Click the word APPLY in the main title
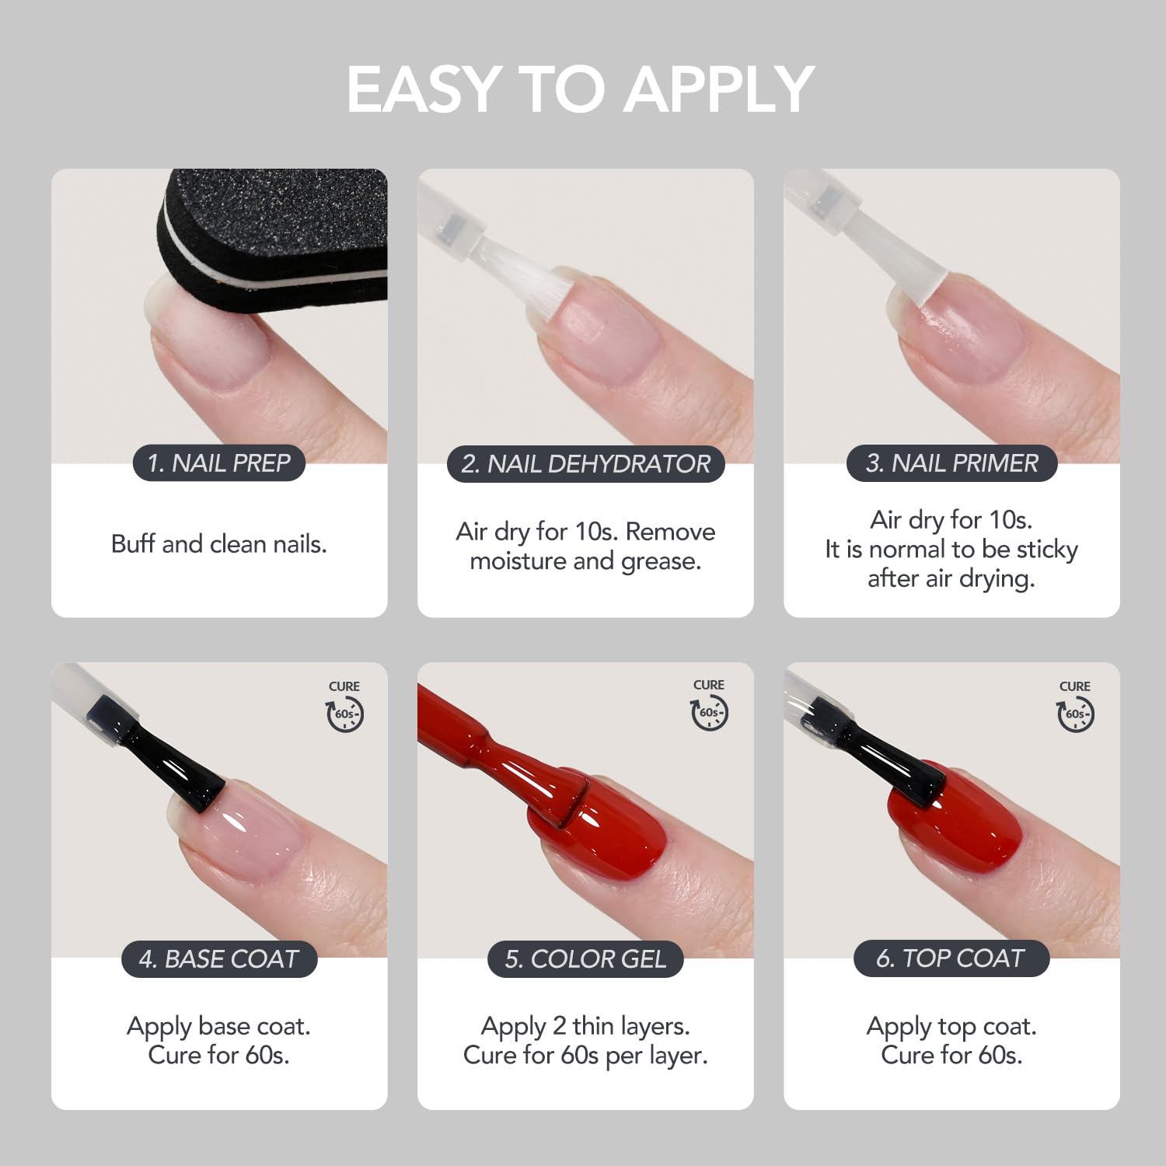[x=719, y=89]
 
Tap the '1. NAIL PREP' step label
[x=218, y=463]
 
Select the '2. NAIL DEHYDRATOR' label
[x=585, y=464]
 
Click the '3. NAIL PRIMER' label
[x=951, y=463]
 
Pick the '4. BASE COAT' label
[x=219, y=959]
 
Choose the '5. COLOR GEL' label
[x=585, y=959]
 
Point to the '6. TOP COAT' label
[x=951, y=958]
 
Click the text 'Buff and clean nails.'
[x=219, y=543]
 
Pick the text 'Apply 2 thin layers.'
[x=585, y=1027]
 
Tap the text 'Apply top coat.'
[x=951, y=1027]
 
